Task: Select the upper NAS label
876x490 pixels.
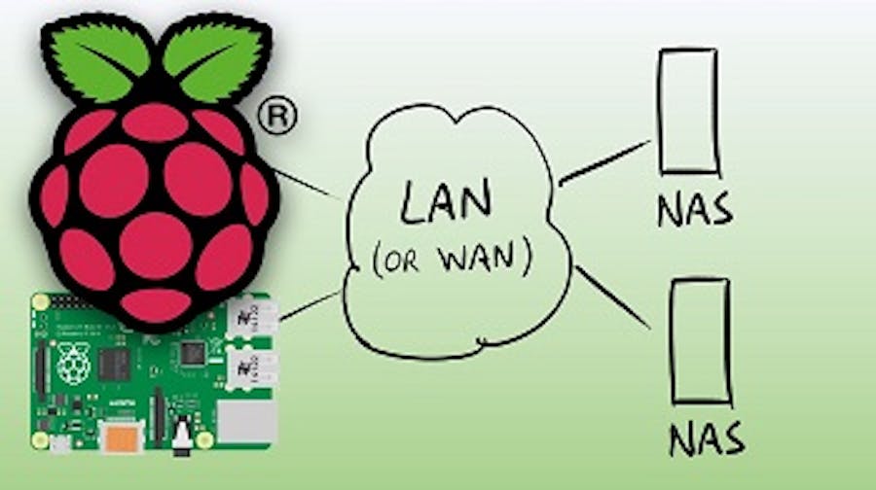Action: (x=693, y=210)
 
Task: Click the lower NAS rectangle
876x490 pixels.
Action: (x=700, y=340)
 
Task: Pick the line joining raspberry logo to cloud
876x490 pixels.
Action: (x=310, y=185)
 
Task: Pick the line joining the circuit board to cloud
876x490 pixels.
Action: (x=311, y=304)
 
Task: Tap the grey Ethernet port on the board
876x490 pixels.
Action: (x=245, y=424)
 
